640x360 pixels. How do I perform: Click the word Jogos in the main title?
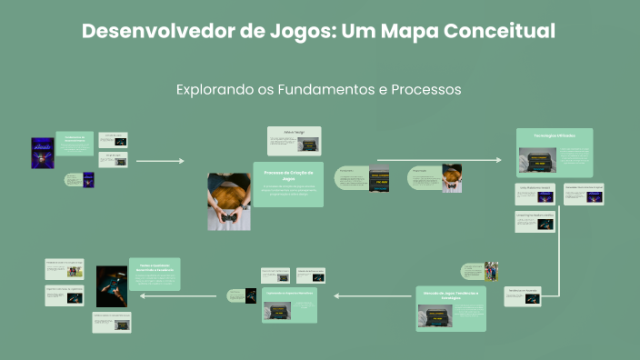pyautogui.click(x=290, y=32)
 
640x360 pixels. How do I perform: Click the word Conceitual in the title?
pyautogui.click(x=505, y=31)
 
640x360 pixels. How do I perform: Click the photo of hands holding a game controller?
pyautogui.click(x=229, y=201)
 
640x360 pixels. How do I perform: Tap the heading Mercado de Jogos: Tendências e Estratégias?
pyautogui.click(x=452, y=295)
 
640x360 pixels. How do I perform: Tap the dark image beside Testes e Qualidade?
pyautogui.click(x=112, y=285)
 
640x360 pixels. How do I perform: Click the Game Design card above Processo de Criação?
pyautogui.click(x=295, y=141)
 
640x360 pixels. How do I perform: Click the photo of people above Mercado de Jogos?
pyautogui.click(x=492, y=271)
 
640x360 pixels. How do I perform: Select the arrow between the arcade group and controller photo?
pyautogui.click(x=159, y=161)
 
